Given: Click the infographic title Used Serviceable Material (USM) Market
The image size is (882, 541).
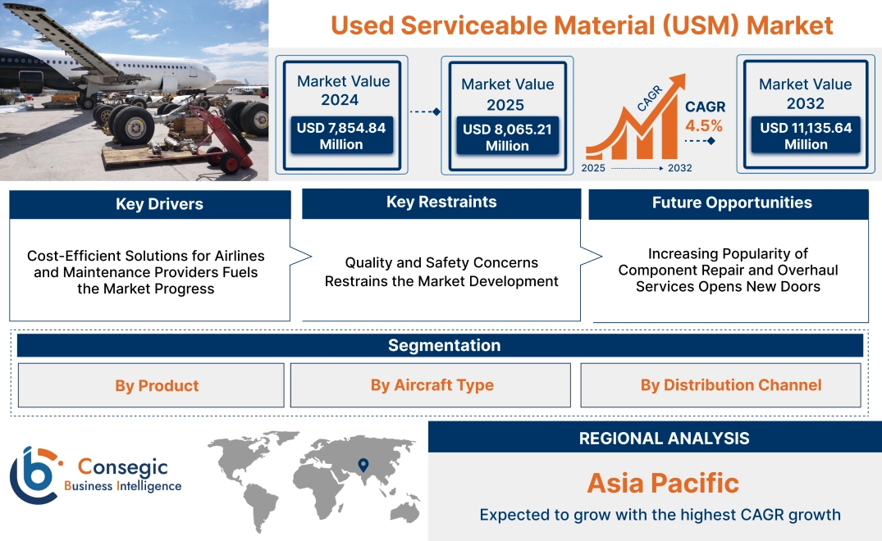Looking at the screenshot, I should (582, 25).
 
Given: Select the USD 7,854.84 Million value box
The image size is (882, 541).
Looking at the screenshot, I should (341, 136).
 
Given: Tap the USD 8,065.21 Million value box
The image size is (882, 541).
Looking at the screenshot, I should (507, 138).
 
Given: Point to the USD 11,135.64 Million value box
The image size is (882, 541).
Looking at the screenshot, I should (806, 136).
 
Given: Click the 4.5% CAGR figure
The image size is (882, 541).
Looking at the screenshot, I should (704, 125).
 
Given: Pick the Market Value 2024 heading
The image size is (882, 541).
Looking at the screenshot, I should (343, 90).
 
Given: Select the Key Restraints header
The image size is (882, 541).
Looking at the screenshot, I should (441, 202).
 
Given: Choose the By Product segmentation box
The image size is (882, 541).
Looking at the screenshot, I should (157, 386).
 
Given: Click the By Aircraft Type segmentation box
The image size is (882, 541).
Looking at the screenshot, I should (432, 385).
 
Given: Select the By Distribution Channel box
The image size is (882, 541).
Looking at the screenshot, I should (730, 385).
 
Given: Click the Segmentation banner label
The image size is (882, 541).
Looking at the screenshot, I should (444, 345).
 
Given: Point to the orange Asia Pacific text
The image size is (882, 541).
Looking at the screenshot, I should (663, 483).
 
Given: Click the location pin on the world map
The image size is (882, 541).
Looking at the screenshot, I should (362, 466).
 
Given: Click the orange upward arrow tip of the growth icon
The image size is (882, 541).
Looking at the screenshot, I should (678, 80).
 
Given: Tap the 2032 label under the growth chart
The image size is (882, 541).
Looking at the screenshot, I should (679, 168).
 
